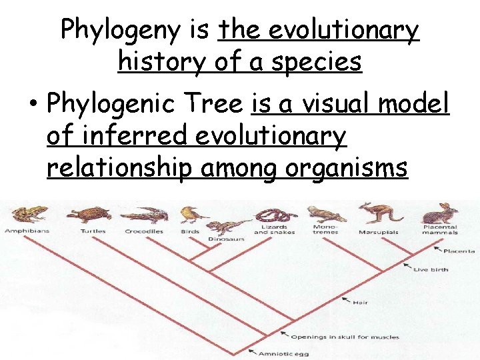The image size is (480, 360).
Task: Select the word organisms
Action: [346, 169]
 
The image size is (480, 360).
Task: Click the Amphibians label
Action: [27, 231]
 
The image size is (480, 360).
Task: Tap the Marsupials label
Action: [378, 232]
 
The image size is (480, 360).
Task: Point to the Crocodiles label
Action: [144, 231]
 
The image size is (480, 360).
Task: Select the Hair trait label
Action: [360, 302]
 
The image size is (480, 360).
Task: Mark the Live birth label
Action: [431, 269]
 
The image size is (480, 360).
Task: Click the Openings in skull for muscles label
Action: [345, 337]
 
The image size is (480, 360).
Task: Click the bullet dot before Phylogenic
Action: [32, 105]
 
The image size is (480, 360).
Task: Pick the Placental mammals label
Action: [440, 229]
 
